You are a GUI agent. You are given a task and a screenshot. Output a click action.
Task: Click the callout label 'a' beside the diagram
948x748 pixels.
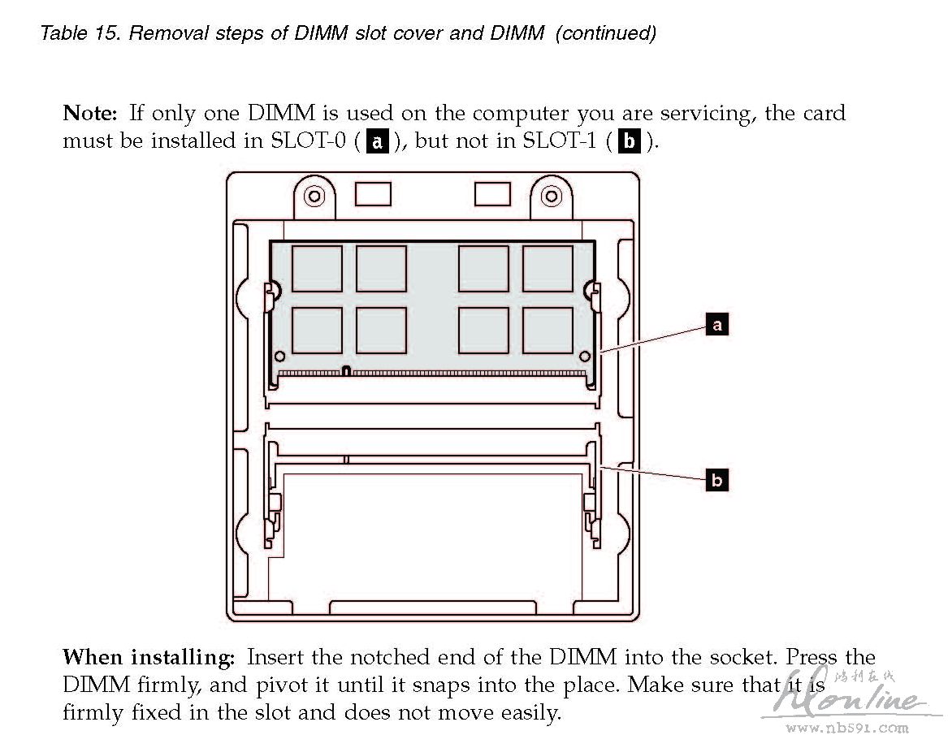[716, 326]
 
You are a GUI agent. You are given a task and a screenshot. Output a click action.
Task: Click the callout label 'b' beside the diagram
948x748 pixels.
[716, 481]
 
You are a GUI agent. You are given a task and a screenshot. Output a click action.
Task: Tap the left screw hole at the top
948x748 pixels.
[314, 196]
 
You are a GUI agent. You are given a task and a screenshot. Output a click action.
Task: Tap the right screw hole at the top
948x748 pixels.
[552, 196]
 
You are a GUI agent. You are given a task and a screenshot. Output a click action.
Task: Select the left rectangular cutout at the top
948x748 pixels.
[373, 194]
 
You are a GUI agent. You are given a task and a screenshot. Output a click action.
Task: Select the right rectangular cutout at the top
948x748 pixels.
[492, 194]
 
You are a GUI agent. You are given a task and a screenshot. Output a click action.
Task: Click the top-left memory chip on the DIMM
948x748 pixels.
[317, 269]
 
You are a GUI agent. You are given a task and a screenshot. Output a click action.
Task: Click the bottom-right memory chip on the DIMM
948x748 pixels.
[548, 331]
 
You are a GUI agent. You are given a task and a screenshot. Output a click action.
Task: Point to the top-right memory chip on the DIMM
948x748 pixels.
[548, 269]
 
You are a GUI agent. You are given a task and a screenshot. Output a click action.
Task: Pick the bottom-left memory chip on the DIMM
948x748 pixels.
[317, 331]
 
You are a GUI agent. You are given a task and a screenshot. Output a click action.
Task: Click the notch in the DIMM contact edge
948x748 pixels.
[346, 371]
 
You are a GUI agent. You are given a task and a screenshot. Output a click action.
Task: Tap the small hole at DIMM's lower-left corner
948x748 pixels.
[280, 356]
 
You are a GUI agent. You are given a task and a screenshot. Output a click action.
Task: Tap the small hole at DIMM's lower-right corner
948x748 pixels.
[584, 356]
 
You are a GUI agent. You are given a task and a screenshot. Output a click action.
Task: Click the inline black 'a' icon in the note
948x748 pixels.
[377, 141]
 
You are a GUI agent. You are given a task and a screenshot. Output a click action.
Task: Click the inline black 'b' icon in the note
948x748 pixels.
[629, 141]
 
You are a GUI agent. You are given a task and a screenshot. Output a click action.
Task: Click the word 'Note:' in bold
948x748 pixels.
[91, 114]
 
